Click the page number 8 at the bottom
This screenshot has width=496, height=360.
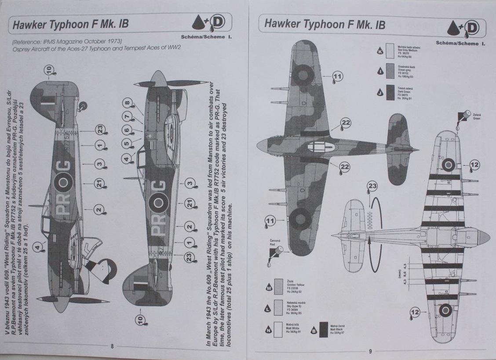tap(112, 346)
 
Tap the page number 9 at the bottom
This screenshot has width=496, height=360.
tap(370, 351)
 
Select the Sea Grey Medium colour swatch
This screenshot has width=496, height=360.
tap(389, 51)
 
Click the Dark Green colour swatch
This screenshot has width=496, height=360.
tap(389, 93)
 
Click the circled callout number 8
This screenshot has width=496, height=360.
tap(127, 104)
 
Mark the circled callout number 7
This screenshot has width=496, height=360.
tap(127, 117)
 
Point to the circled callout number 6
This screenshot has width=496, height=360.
tap(127, 130)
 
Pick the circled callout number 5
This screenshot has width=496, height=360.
tap(127, 143)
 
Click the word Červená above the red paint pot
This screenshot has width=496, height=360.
tap(276, 241)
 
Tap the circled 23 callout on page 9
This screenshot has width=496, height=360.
tap(372, 186)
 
